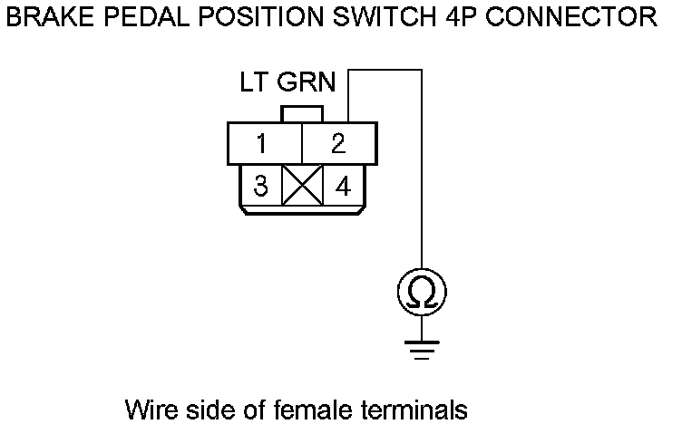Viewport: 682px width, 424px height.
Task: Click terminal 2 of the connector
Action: tap(337, 143)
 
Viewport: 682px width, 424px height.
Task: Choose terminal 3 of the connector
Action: tap(261, 187)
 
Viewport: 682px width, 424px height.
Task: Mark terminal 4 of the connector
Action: tap(342, 187)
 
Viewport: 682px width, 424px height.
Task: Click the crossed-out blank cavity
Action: tap(302, 188)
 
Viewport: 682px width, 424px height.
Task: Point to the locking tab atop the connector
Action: tap(302, 115)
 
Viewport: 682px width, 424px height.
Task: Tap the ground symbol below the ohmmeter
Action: tap(422, 348)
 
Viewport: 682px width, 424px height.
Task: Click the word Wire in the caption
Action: tap(152, 410)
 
